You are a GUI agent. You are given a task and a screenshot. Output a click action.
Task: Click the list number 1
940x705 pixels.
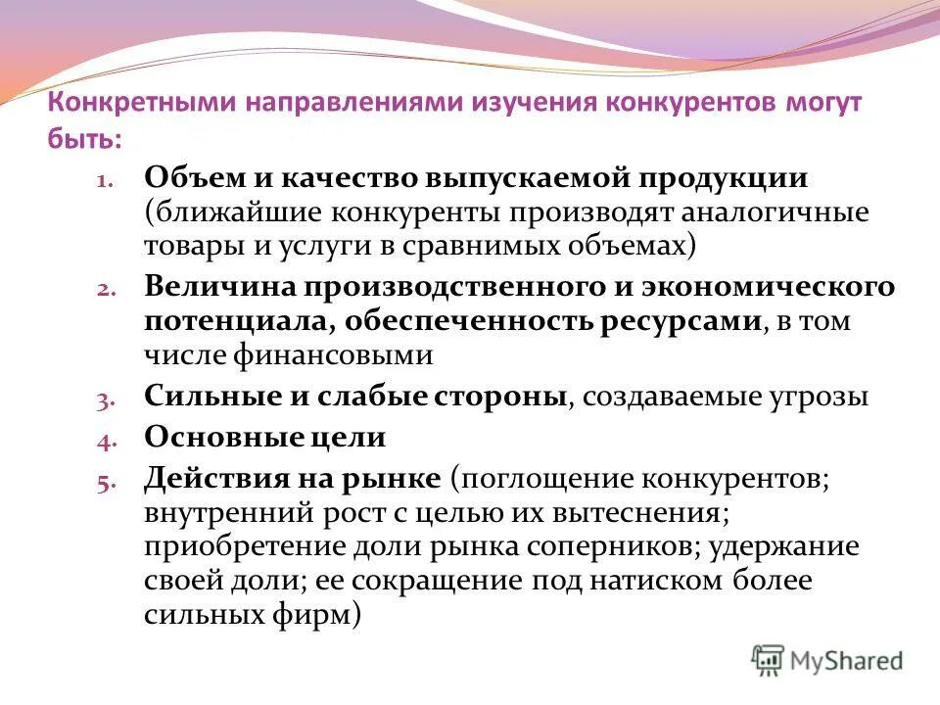point(105,182)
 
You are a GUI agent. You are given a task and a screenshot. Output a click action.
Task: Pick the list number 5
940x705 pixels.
point(105,483)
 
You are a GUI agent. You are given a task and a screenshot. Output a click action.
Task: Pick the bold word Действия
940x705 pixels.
point(217,479)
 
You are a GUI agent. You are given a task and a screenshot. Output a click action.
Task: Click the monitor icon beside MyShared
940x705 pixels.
point(769,661)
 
